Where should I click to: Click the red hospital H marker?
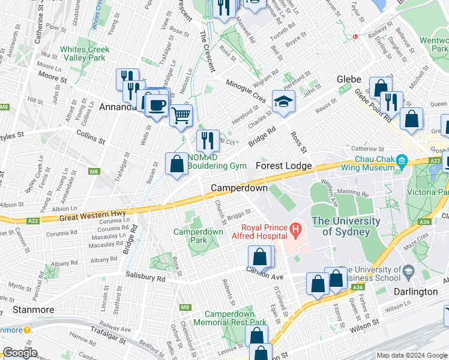coord(294,229)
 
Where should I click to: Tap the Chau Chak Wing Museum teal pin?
coord(402,161)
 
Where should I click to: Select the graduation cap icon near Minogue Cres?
coord(283,103)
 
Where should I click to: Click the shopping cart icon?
coord(181,113)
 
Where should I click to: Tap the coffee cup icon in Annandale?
coord(157,105)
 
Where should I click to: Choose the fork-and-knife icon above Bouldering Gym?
coord(208,140)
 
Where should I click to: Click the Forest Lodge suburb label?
coord(284,166)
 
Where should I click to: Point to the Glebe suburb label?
coord(349,79)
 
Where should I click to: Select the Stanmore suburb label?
coord(34,310)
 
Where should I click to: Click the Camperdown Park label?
coord(198,236)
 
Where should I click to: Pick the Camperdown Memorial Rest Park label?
coord(235,318)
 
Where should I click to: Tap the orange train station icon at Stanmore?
coord(28,330)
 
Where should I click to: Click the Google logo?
coord(20,353)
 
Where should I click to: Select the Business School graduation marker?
coord(408,272)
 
